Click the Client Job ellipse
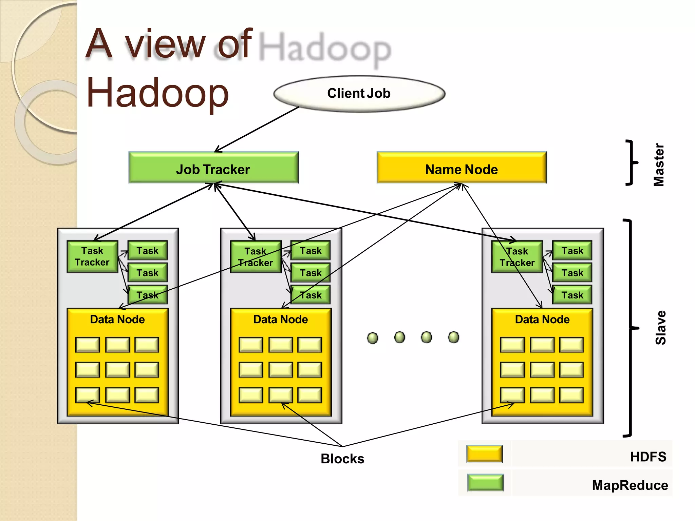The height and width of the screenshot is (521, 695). [x=359, y=94]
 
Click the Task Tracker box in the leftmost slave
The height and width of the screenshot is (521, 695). [x=92, y=256]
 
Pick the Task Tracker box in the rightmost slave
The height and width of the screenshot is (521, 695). [x=517, y=257]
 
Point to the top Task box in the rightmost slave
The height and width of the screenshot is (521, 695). [x=572, y=251]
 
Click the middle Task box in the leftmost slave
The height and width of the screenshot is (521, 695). [x=147, y=273]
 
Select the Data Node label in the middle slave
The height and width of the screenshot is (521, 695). [x=280, y=320]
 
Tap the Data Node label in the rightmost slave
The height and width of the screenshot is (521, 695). [x=542, y=320]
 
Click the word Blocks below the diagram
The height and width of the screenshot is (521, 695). [x=342, y=459]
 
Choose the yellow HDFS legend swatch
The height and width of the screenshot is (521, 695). [x=484, y=454]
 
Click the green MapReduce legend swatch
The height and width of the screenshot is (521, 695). [x=485, y=483]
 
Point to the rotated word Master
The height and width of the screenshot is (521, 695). [x=659, y=165]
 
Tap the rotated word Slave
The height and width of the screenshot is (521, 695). [x=660, y=327]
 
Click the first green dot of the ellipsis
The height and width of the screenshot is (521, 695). [x=373, y=338]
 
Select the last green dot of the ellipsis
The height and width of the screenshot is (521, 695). [x=453, y=337]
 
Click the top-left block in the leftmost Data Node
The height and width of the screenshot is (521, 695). [x=88, y=345]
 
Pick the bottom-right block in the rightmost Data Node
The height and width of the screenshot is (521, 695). [x=571, y=395]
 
